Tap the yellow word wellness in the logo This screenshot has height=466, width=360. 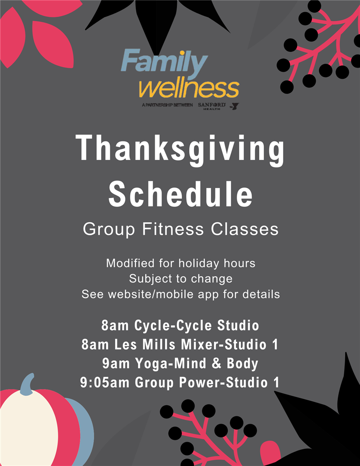(x=189, y=88)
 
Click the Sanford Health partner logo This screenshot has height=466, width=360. (x=212, y=106)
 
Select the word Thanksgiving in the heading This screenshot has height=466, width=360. (x=180, y=148)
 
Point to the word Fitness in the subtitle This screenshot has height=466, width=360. (x=173, y=229)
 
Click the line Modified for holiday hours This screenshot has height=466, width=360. (x=180, y=263)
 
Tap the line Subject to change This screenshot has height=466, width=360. (x=180, y=279)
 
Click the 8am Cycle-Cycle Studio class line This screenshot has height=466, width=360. (x=180, y=325)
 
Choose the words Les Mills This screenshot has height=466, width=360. (x=145, y=344)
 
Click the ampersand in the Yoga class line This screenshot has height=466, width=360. (x=216, y=363)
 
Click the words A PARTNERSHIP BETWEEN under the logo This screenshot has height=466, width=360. (x=167, y=105)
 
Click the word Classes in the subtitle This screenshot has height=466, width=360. (x=245, y=229)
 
